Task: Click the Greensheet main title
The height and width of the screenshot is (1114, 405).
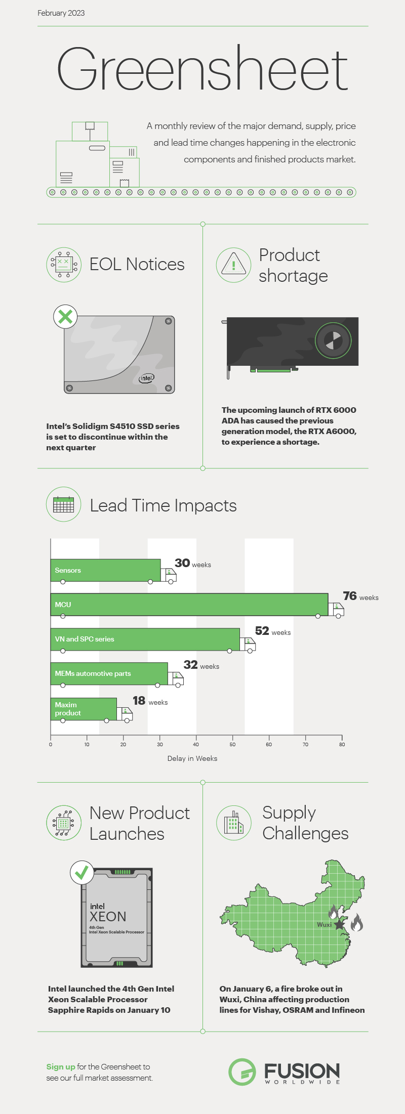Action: [202, 69]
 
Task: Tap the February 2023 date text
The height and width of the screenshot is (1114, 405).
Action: [61, 13]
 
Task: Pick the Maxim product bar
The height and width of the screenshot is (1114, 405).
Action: [84, 709]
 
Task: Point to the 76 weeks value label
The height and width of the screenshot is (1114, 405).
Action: [360, 596]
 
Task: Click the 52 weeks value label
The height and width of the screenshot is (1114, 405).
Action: [272, 631]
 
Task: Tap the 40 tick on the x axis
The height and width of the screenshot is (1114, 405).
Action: [196, 744]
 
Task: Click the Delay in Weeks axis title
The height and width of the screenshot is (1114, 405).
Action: [192, 758]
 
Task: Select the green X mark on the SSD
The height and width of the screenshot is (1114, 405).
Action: [65, 317]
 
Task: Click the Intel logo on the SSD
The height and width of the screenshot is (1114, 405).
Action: [146, 378]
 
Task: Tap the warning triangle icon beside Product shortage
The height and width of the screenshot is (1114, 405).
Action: [233, 265]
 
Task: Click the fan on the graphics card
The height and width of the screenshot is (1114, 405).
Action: [333, 340]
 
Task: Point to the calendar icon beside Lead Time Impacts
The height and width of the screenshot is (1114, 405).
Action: [63, 504]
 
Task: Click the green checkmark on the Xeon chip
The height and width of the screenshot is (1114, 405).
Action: [82, 873]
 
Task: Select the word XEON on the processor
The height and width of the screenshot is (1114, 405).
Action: [108, 917]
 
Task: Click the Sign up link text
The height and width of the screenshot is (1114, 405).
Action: [61, 1066]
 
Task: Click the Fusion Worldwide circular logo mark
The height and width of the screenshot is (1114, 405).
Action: [242, 1072]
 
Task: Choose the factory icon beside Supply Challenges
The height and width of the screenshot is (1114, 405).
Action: [233, 823]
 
